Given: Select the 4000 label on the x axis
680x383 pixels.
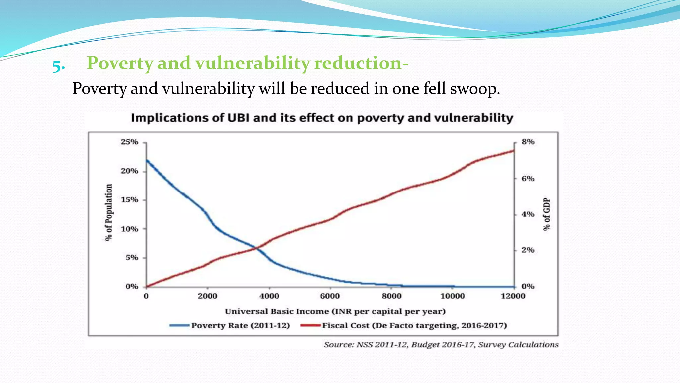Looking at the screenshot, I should coord(269,296).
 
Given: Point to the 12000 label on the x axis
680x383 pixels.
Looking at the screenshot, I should coord(513,296).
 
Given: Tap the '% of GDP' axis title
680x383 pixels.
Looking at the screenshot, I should coord(547,214).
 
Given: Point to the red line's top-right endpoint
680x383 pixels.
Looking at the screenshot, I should coord(514,151).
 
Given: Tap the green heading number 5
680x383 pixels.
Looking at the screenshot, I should coord(58,66).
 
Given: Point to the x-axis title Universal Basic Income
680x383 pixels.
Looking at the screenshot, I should coord(335,311).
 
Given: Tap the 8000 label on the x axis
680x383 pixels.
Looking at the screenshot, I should coord(391,296).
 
